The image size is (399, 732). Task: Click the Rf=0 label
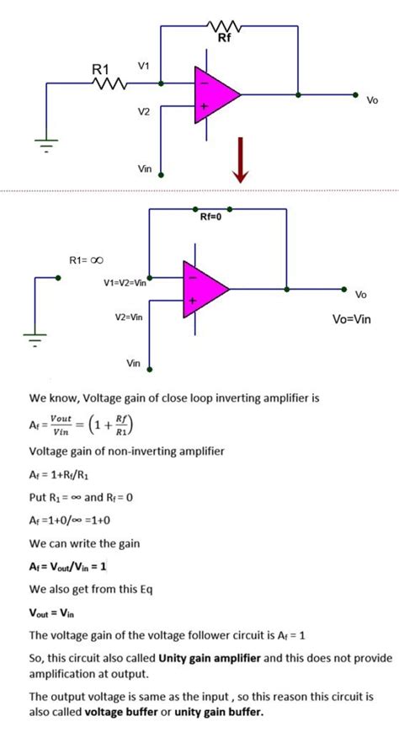211,216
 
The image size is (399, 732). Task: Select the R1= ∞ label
86,260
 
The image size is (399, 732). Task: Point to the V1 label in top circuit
144,66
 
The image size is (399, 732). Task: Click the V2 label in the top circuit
144,111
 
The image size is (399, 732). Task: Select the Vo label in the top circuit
372,100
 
